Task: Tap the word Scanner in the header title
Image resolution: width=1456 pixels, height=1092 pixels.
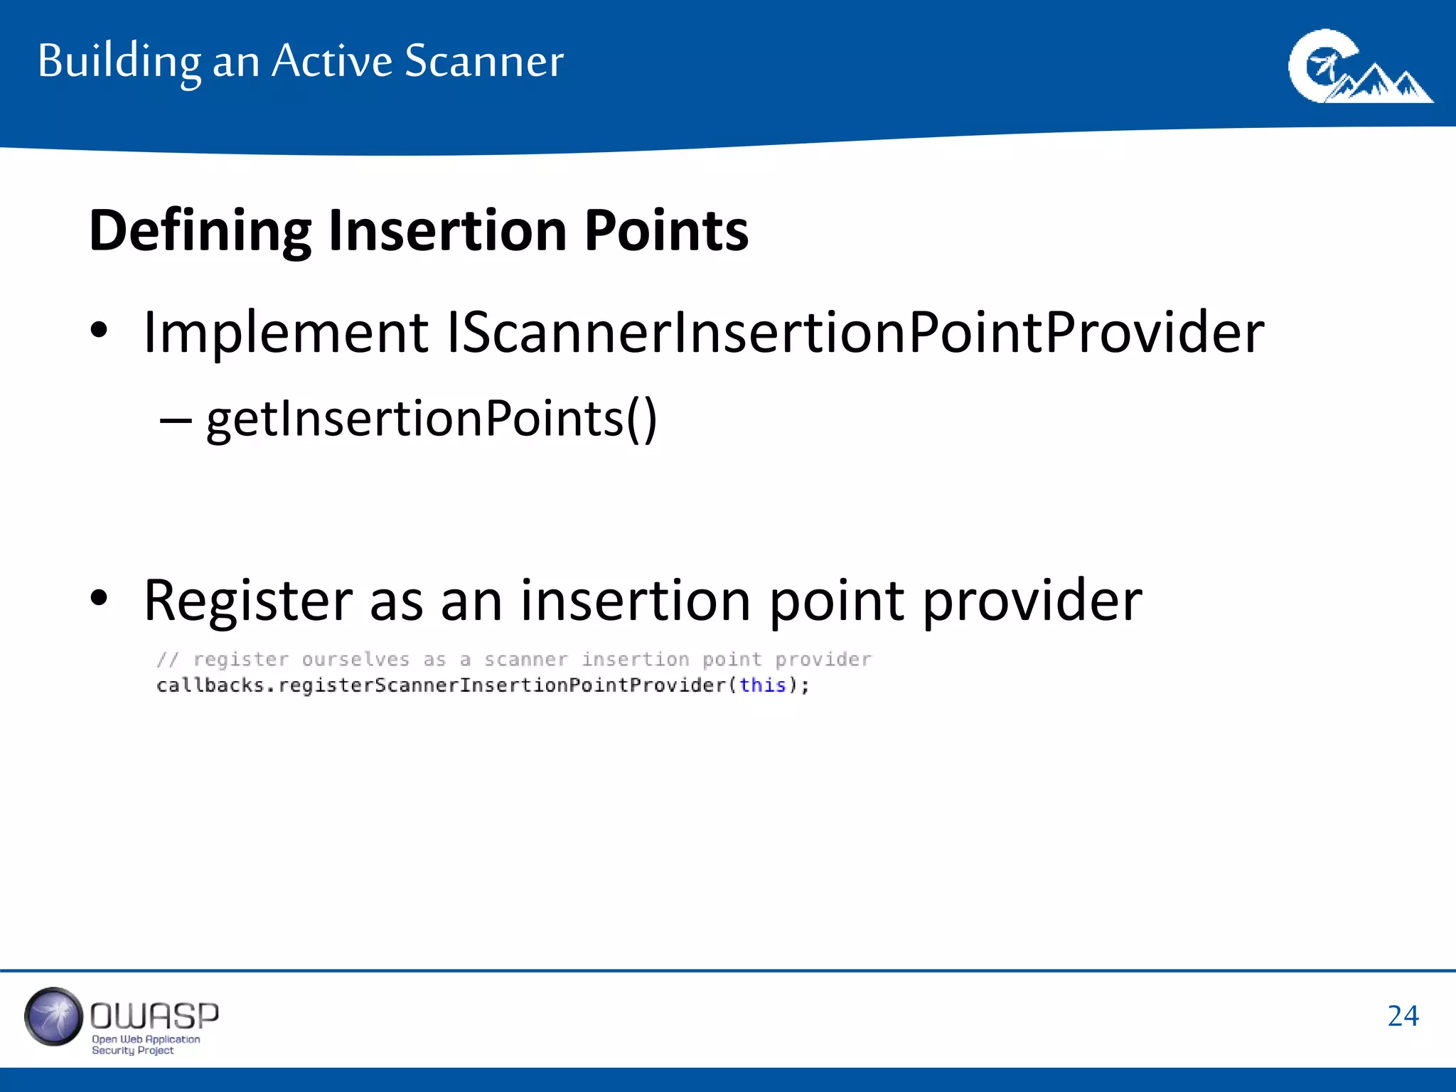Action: [x=483, y=61]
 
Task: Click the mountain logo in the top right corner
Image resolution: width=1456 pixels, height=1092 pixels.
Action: [x=1359, y=68]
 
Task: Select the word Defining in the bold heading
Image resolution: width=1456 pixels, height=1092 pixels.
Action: [x=200, y=231]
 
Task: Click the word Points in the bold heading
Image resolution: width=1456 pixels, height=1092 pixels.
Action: [x=666, y=231]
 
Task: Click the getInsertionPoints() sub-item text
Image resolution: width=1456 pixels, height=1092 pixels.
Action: [x=432, y=419]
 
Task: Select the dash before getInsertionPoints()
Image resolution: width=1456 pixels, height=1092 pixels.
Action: [x=176, y=420]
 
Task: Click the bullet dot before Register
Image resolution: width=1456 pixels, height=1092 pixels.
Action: [x=99, y=598]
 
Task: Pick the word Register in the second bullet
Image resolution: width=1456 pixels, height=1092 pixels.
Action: [x=248, y=601]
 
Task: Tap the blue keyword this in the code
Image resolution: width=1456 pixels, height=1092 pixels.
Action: [x=762, y=685]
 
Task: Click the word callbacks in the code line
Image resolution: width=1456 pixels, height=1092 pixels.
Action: [x=210, y=685]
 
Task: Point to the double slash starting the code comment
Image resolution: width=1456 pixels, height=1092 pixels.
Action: [x=168, y=660]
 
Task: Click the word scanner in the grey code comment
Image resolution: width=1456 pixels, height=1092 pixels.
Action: [x=526, y=660]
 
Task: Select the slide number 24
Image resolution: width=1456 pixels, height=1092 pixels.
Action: [x=1403, y=1016]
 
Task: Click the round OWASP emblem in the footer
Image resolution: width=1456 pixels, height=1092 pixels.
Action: [x=53, y=1017]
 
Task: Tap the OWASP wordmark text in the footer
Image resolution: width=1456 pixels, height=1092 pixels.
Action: [x=154, y=1016]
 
